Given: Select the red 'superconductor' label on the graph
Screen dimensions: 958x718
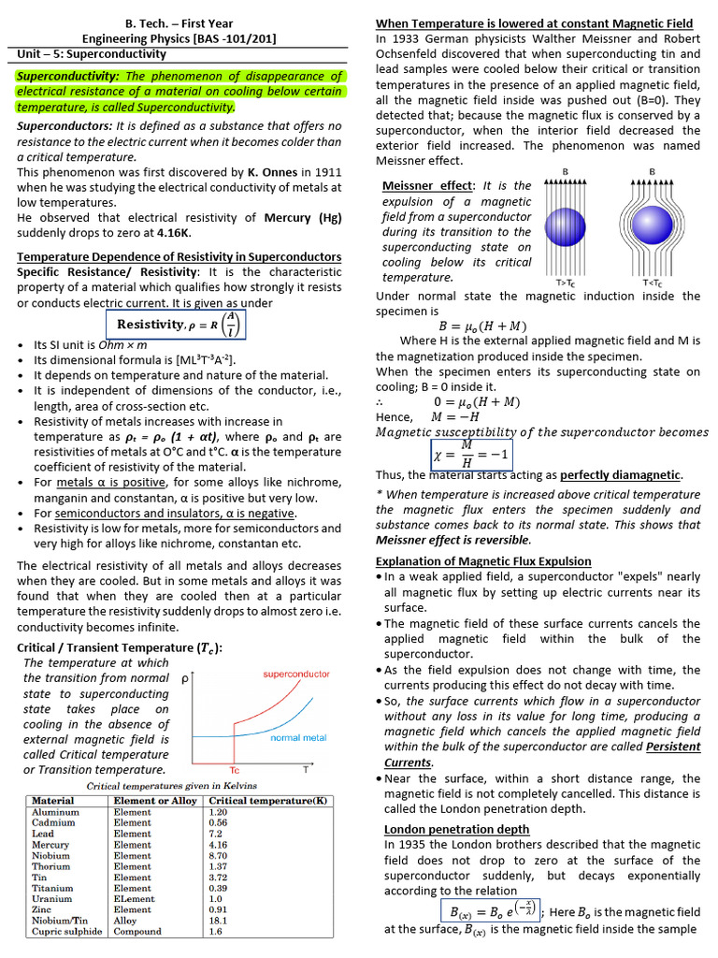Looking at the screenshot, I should [296, 674].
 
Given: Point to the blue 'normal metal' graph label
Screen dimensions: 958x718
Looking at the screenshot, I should [298, 737].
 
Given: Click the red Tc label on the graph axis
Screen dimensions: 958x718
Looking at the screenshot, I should [234, 770].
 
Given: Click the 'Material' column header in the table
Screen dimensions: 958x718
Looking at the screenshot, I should [53, 801].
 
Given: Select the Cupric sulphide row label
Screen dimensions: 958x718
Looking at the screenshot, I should [67, 931].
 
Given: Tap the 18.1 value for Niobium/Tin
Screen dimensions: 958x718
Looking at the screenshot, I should [216, 920].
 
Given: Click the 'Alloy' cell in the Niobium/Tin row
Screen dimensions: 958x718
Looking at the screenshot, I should [128, 920].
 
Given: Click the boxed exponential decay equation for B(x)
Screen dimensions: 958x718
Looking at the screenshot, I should [489, 911].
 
